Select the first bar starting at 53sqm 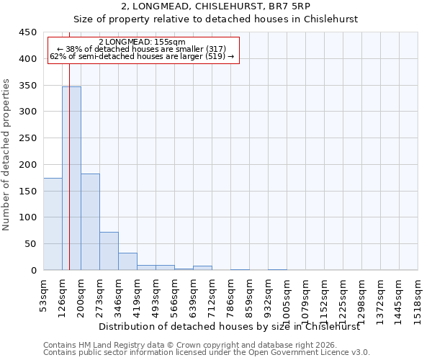click(x=53, y=224)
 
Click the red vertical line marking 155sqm click(x=69, y=144)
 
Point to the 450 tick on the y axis click(x=28, y=32)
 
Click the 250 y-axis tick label click(x=28, y=138)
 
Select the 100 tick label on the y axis click(x=28, y=217)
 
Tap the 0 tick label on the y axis click(x=33, y=271)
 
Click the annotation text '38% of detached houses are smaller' click(x=142, y=49)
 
